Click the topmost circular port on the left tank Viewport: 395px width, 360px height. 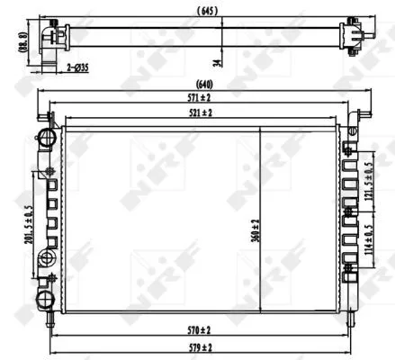coord(44,137)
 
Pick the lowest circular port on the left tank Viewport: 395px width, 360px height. coord(44,300)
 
